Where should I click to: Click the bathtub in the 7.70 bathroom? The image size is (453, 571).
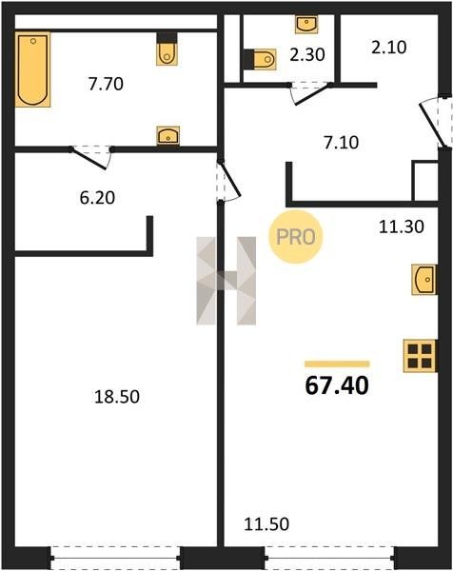[x=32, y=69]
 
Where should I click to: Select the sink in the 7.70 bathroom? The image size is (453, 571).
[x=167, y=135]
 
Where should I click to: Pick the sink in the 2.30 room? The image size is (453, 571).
[x=306, y=25]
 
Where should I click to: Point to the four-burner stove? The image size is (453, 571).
[x=420, y=356]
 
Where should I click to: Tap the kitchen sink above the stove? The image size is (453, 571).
[x=424, y=279]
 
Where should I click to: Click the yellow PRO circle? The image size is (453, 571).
[x=296, y=237]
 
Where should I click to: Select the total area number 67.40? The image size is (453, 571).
[x=337, y=385]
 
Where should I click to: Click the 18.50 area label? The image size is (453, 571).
[x=117, y=396]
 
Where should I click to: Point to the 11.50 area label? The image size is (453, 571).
[x=266, y=524]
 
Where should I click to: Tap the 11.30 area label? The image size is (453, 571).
[x=402, y=226]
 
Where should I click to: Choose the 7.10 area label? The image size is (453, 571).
[x=342, y=143]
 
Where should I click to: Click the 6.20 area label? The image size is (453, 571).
[x=97, y=198]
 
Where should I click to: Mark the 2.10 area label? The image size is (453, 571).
[x=389, y=48]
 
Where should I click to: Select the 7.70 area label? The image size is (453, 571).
[x=106, y=84]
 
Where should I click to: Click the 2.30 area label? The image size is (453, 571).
[x=307, y=54]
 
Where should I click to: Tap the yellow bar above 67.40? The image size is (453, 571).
[x=337, y=364]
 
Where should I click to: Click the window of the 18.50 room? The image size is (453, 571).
[x=115, y=558]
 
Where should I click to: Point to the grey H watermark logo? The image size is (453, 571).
[x=226, y=281]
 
